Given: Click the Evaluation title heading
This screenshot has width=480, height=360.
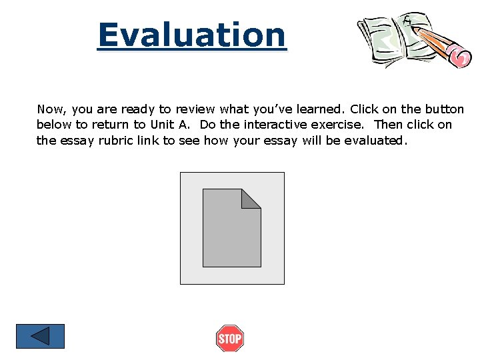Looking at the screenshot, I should (191, 35).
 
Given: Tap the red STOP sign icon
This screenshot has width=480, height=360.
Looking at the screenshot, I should (230, 339).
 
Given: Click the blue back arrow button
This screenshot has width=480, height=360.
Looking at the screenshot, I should (40, 336).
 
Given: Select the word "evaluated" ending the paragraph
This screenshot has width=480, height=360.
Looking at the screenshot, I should (375, 141).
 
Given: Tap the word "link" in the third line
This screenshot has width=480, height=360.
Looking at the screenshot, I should (147, 141).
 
